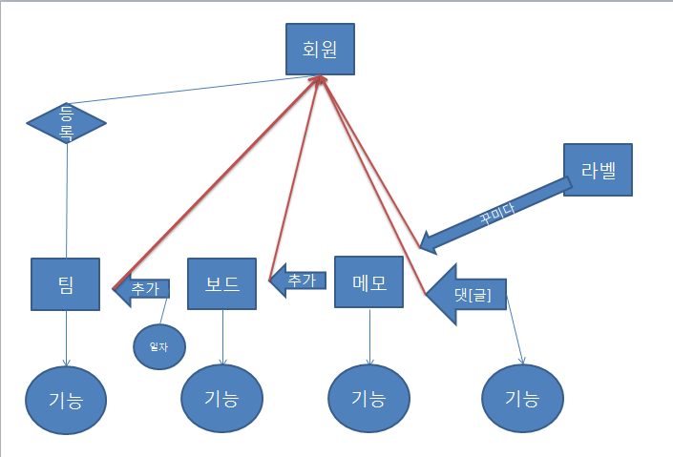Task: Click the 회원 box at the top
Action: [321, 50]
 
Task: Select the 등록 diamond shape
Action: [66, 122]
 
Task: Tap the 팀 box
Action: [66, 283]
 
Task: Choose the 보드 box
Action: [221, 283]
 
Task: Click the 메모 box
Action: [369, 281]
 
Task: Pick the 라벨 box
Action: [598, 171]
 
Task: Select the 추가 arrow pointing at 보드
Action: [298, 280]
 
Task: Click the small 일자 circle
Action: [158, 346]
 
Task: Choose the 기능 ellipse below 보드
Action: [221, 399]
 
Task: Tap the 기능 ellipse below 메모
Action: [368, 399]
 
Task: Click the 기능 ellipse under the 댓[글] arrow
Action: [522, 399]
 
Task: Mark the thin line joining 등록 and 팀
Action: [67, 200]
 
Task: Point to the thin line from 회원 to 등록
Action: [181, 88]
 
